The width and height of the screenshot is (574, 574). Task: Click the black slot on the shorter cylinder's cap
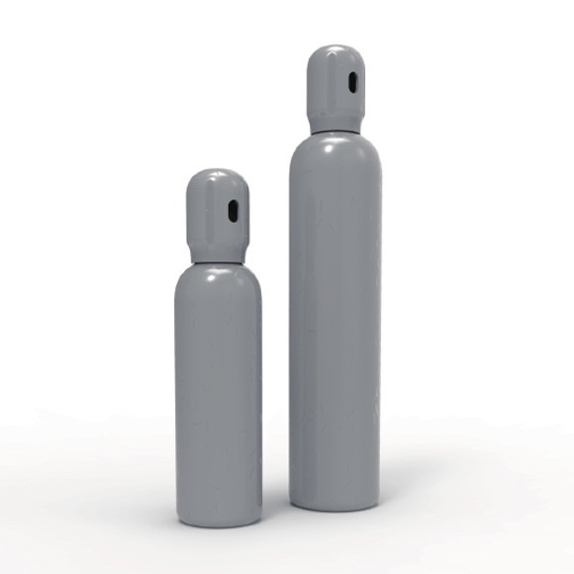(233, 211)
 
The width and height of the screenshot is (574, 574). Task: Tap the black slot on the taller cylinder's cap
(351, 84)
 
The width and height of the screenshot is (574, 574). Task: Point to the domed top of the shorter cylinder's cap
(217, 178)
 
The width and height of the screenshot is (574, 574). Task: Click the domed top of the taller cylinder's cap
(335, 51)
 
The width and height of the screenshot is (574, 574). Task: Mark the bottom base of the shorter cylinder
(218, 519)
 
